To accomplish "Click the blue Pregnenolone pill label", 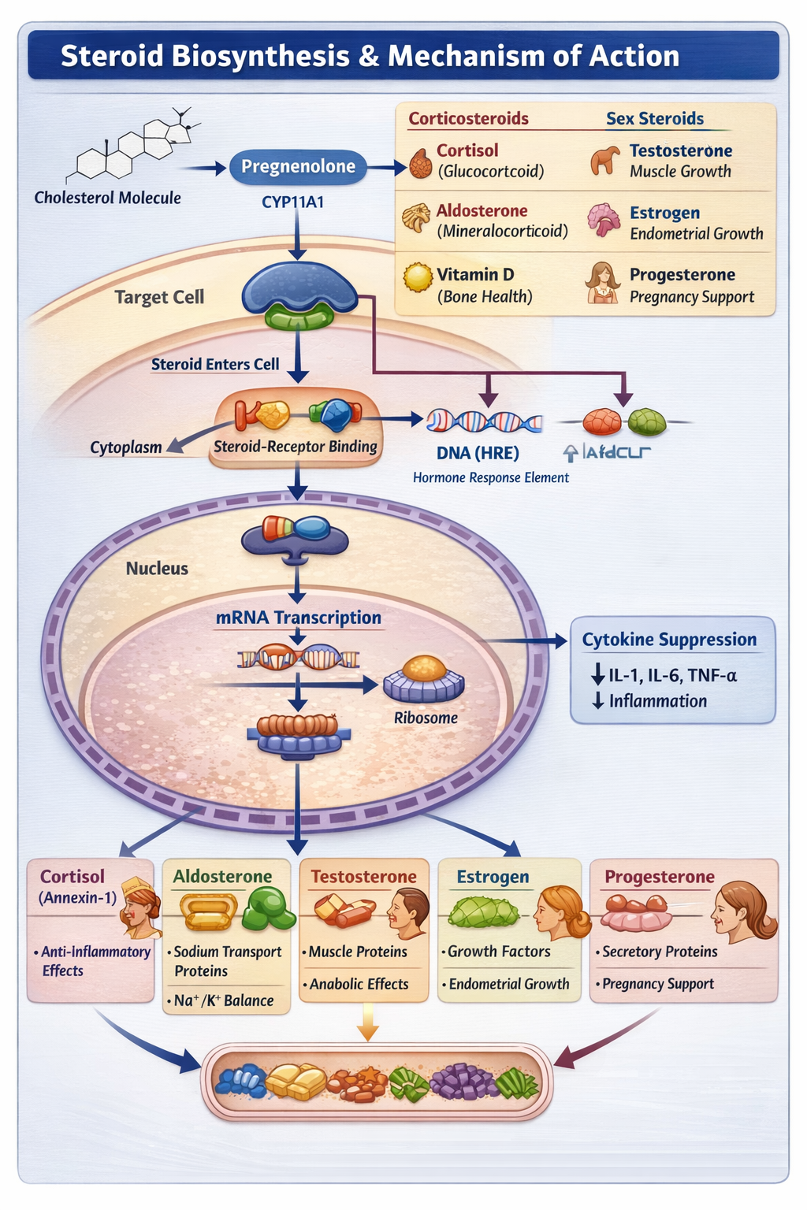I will tap(298, 167).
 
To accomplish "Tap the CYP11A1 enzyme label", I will tap(292, 202).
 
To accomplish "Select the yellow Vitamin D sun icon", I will tap(418, 277).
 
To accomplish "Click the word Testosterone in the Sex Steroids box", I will tap(680, 150).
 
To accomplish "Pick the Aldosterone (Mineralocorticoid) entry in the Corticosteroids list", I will tap(501, 221).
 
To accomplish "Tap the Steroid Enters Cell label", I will tap(215, 364).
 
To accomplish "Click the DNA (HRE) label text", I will tap(478, 453).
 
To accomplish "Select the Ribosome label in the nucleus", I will tap(426, 718).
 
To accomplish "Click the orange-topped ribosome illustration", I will tap(424, 679).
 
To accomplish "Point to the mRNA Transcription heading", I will tap(298, 618).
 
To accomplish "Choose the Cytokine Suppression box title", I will tap(669, 640).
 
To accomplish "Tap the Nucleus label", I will tap(157, 569).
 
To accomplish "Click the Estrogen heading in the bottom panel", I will tap(493, 877).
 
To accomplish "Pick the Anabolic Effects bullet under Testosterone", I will tap(359, 984).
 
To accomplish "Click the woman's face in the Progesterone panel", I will tap(734, 914).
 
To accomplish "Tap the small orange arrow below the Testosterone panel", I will tap(367, 1023).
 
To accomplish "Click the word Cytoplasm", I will tap(125, 447).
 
